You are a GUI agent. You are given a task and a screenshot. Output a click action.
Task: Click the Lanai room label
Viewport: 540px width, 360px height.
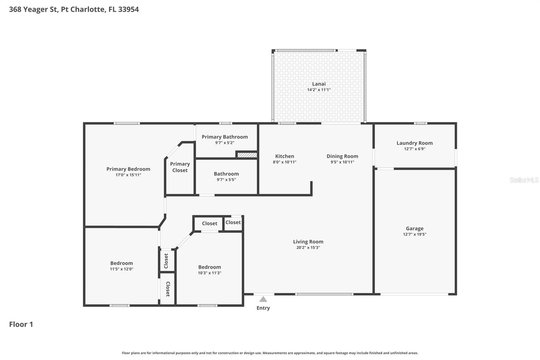point(319,84)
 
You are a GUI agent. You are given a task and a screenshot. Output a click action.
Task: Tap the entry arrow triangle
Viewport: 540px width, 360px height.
point(263,299)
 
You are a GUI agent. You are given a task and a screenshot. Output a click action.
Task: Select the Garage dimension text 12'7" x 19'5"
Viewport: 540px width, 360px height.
point(414,234)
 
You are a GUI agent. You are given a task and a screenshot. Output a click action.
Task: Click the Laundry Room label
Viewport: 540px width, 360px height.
point(414,143)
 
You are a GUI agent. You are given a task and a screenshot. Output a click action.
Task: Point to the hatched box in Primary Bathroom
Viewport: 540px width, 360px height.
point(247,155)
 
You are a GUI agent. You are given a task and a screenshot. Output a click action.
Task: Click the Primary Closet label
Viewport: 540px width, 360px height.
point(180,167)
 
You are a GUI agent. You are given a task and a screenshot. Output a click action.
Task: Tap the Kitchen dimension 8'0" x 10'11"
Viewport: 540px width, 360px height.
point(285,162)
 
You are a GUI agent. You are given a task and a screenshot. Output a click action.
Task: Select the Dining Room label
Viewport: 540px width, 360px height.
point(342,156)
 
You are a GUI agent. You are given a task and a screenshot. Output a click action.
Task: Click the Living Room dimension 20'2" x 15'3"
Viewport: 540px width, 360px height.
point(308,248)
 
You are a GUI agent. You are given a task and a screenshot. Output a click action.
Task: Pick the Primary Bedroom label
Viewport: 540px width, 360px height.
point(128,169)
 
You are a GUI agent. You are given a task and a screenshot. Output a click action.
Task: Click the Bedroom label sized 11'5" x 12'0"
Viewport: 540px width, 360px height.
point(122,263)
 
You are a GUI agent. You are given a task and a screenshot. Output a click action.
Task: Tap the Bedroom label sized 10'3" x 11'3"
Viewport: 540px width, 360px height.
point(209,267)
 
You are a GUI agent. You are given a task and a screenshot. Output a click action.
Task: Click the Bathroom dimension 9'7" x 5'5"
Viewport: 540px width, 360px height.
point(226,180)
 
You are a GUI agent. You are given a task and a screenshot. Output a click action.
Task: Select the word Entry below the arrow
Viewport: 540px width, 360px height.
point(263,308)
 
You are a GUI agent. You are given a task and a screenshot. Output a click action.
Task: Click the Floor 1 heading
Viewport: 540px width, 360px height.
point(21,324)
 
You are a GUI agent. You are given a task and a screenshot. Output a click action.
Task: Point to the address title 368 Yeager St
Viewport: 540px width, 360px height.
point(74,9)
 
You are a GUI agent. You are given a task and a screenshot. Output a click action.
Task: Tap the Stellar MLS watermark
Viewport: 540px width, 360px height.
point(524,180)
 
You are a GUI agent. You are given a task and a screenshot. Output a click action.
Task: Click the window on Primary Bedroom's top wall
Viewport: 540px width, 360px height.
point(127,123)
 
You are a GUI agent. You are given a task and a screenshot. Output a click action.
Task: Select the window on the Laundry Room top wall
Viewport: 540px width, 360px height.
point(420,123)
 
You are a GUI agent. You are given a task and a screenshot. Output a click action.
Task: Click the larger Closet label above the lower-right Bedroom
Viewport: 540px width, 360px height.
point(209,223)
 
